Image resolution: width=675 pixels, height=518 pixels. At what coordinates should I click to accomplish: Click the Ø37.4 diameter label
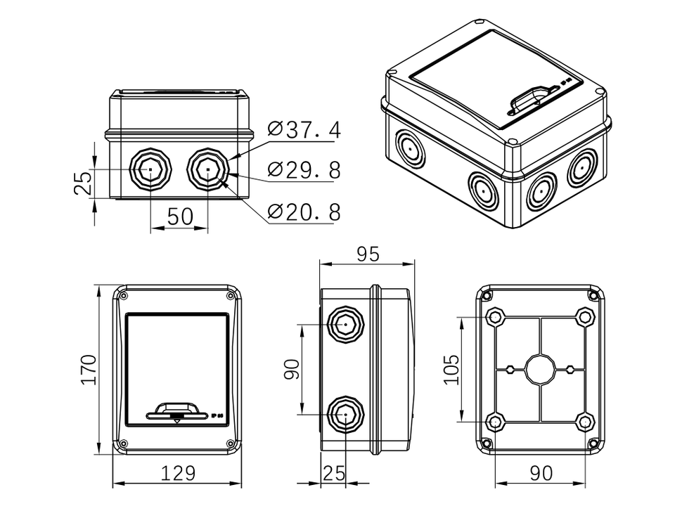(x=304, y=129)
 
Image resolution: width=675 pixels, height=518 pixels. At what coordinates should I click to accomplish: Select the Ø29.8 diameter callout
(x=304, y=170)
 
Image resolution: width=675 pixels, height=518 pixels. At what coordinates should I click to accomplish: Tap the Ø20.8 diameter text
(x=304, y=212)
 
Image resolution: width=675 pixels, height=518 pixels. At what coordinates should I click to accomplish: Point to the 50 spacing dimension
(x=179, y=216)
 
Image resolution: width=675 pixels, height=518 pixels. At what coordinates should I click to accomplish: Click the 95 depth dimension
(x=367, y=254)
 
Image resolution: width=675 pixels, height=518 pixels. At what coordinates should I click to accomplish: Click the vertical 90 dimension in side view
(x=292, y=369)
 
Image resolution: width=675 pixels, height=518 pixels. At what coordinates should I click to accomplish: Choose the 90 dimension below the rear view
(x=540, y=473)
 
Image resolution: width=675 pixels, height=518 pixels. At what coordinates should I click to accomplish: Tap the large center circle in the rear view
(x=540, y=369)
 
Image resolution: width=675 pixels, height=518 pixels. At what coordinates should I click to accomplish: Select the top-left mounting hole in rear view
(x=495, y=317)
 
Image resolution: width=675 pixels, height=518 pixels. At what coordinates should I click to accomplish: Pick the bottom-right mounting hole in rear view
(x=585, y=422)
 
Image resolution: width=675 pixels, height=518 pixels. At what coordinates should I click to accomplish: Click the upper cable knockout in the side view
(x=346, y=325)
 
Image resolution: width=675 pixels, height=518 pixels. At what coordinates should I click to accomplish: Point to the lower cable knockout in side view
(x=346, y=414)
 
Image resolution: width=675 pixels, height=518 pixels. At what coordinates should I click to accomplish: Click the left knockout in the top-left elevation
(x=150, y=169)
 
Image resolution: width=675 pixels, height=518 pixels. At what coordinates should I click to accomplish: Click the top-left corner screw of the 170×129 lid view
(x=124, y=296)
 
